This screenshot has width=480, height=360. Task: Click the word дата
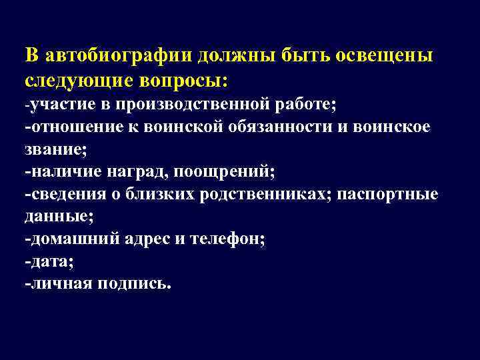pos(47,262)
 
